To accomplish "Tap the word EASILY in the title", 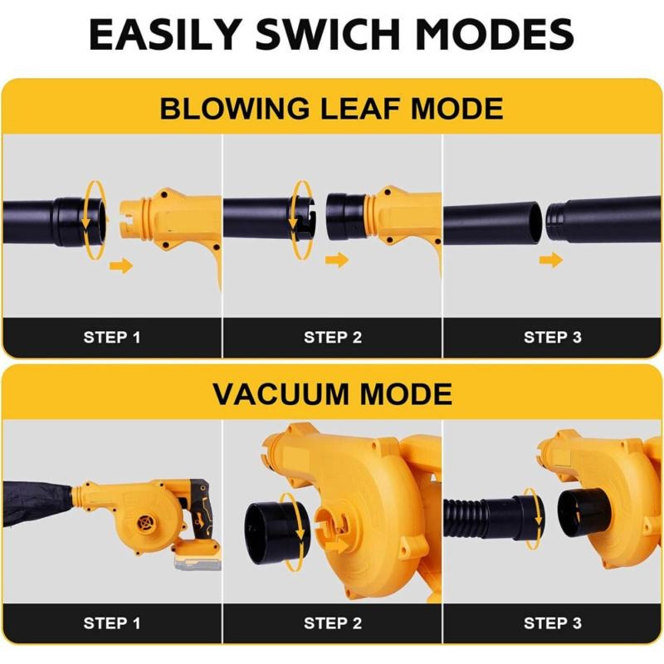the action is point(165,34).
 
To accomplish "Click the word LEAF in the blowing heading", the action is point(360,109).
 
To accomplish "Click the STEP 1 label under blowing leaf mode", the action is point(112,338).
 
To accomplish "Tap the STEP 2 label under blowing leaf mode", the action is point(333,338).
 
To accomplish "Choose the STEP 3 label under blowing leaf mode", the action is point(553,338).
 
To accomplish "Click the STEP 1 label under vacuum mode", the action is point(112,623).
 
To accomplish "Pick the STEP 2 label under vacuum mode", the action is point(333,623).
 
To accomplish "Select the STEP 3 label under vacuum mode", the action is point(553,623).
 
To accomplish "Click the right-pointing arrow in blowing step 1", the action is point(121,266).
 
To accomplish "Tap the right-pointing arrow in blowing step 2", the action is point(337,260).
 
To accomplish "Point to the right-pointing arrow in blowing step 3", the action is point(551,260).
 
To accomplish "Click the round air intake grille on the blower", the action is point(147,524).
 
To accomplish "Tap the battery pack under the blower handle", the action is point(198,558).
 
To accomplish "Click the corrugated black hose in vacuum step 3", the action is point(466,518).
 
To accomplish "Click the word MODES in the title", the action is point(495,34).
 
